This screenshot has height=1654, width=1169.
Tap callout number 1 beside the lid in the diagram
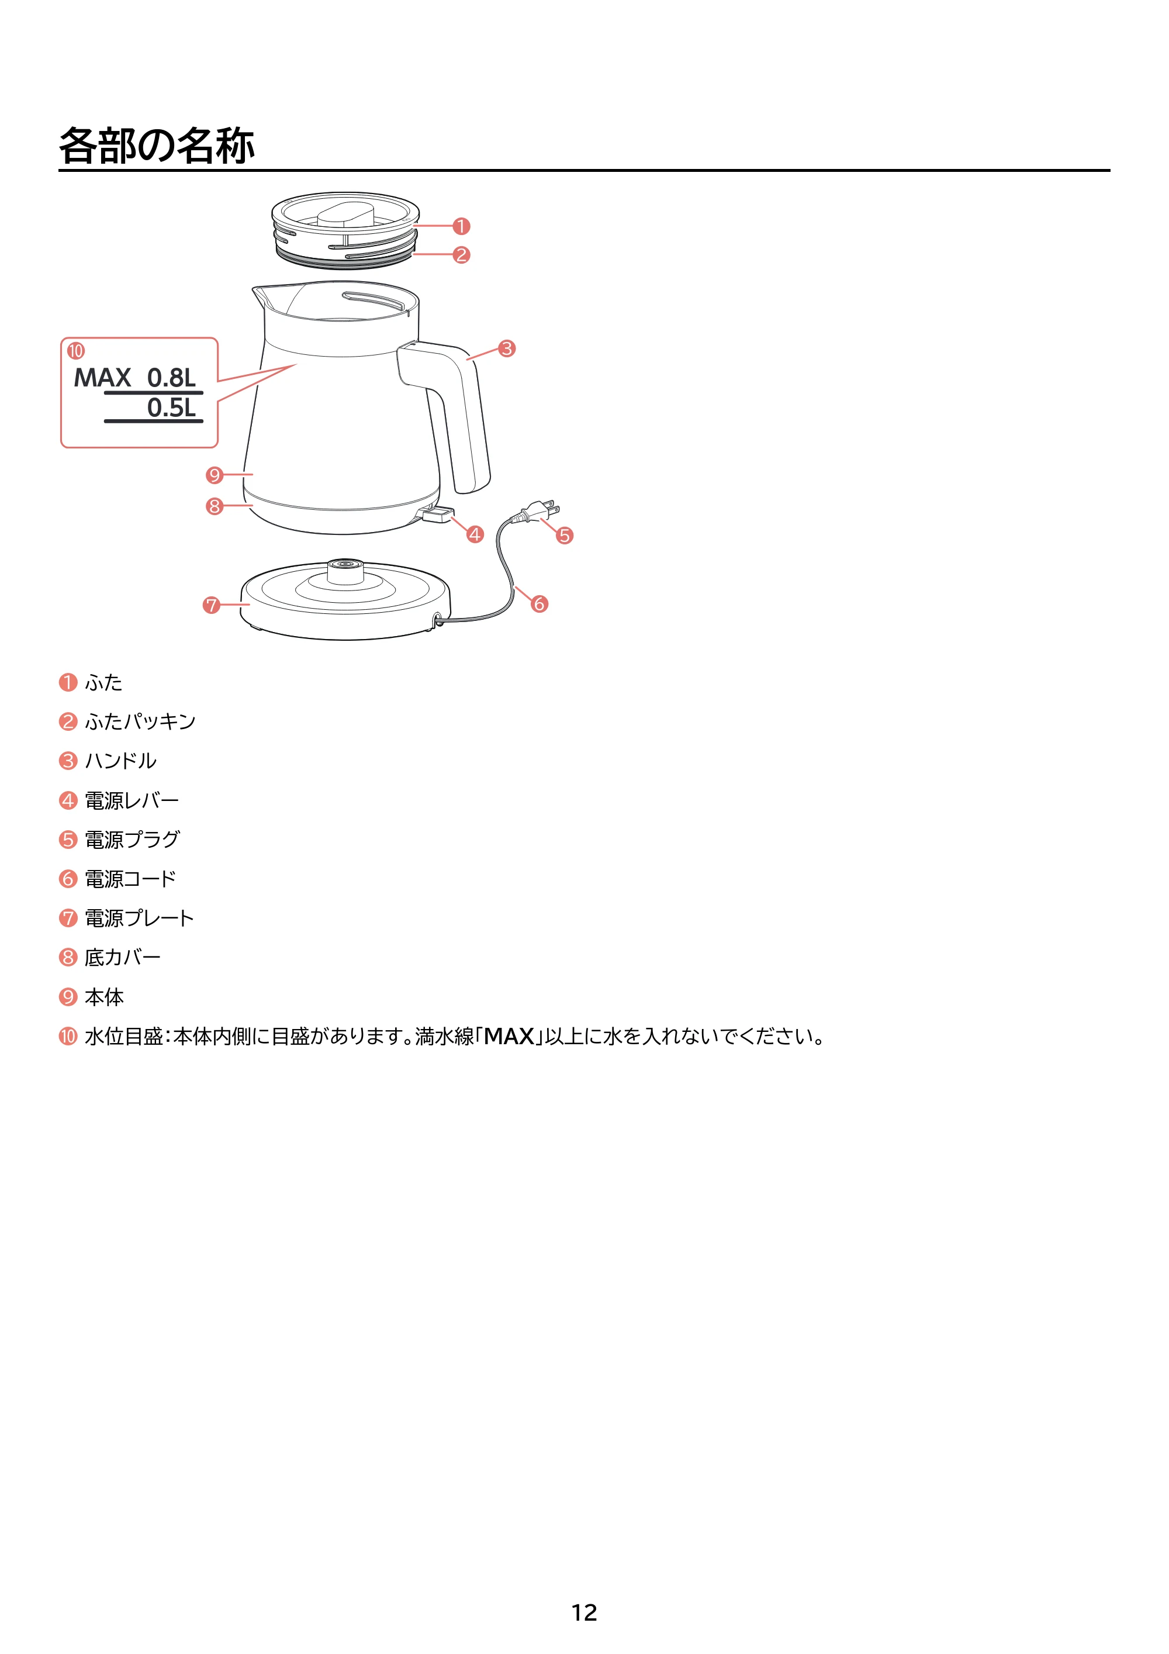point(461,226)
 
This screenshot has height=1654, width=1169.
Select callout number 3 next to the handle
point(507,348)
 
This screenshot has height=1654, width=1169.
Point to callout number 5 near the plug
point(565,535)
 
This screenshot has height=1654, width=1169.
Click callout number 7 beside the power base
point(211,605)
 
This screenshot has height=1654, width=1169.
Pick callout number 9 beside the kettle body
point(214,475)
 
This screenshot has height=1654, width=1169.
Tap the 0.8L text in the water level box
point(171,378)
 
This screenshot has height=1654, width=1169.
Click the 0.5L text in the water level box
point(171,408)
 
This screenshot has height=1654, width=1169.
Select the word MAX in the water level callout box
point(102,378)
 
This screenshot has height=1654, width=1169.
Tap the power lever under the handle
point(437,514)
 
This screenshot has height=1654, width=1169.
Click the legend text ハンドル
point(121,761)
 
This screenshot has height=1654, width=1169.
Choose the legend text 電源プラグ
point(133,839)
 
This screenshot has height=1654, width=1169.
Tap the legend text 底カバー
point(122,958)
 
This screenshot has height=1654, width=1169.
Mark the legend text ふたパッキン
point(140,721)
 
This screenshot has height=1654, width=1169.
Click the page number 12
point(584,1612)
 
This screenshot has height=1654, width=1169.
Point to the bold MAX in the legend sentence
point(509,1037)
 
